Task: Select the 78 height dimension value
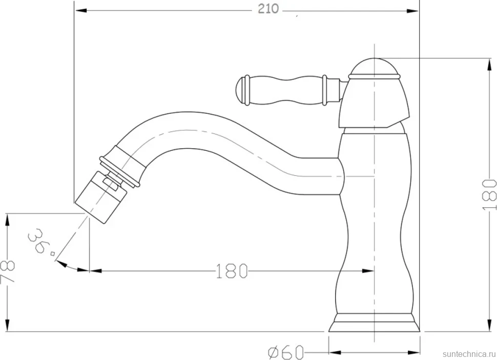coord(7,272)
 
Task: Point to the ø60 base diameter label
coord(286,352)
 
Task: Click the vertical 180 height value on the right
coord(489,194)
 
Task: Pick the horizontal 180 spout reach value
coord(232,271)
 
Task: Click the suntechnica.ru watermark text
coord(469,354)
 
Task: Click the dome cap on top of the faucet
coord(374,67)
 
